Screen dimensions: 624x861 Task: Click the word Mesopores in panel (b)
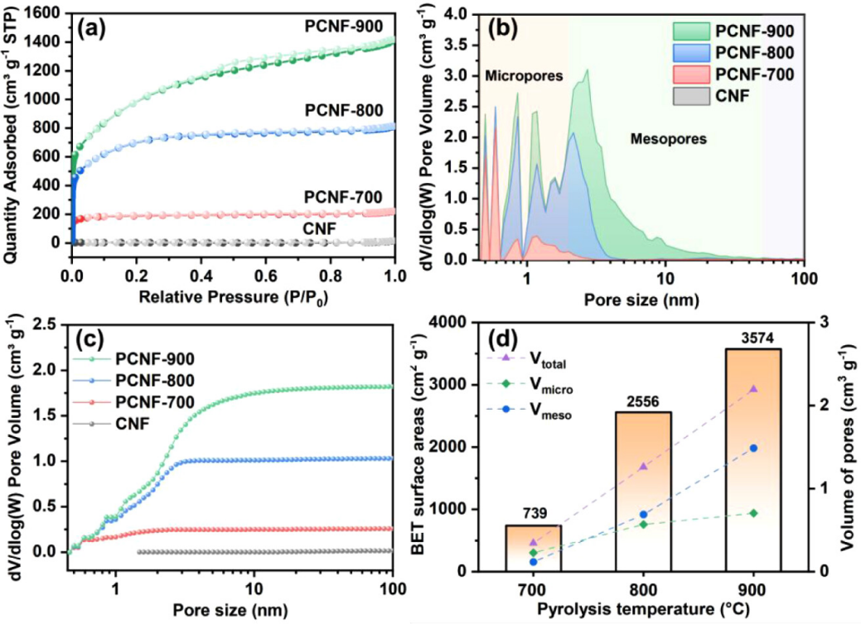[668, 139]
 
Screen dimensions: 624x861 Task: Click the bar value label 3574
[752, 338]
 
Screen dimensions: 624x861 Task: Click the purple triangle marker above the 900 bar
[753, 388]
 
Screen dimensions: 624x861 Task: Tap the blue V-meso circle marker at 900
[753, 449]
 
